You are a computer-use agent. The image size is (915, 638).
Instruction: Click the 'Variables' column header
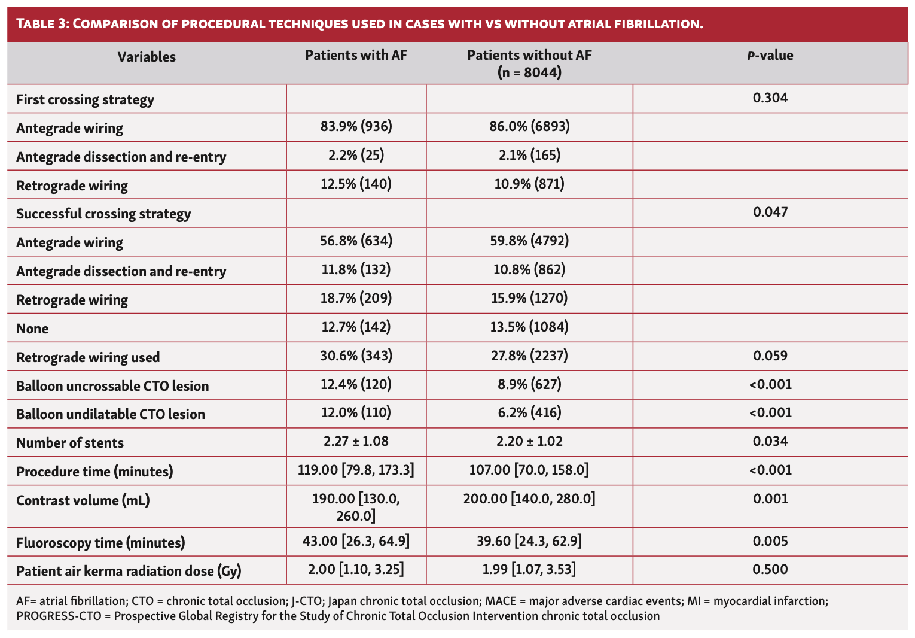147,57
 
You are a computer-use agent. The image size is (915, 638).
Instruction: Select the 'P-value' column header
770,56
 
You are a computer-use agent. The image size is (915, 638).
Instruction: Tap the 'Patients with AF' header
356,56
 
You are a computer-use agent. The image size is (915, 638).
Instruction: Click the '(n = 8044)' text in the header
529,72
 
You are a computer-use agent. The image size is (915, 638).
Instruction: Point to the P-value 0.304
770,98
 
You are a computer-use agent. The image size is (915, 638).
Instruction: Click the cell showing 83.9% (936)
356,126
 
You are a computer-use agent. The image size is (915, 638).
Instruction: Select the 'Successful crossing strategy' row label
103,214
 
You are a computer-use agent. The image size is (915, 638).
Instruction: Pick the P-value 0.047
770,212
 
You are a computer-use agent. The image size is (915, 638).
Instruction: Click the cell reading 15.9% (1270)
529,298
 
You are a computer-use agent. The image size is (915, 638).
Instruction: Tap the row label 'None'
32,329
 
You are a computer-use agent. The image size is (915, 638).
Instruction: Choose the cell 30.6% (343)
356,356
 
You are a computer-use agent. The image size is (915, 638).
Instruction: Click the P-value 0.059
770,356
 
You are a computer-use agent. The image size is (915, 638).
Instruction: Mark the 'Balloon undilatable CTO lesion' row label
111,414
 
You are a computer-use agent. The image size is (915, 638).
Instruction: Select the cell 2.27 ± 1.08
356,442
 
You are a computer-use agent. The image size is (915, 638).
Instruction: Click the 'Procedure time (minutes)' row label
94,472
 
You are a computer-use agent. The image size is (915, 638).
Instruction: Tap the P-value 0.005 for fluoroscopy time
770,542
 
